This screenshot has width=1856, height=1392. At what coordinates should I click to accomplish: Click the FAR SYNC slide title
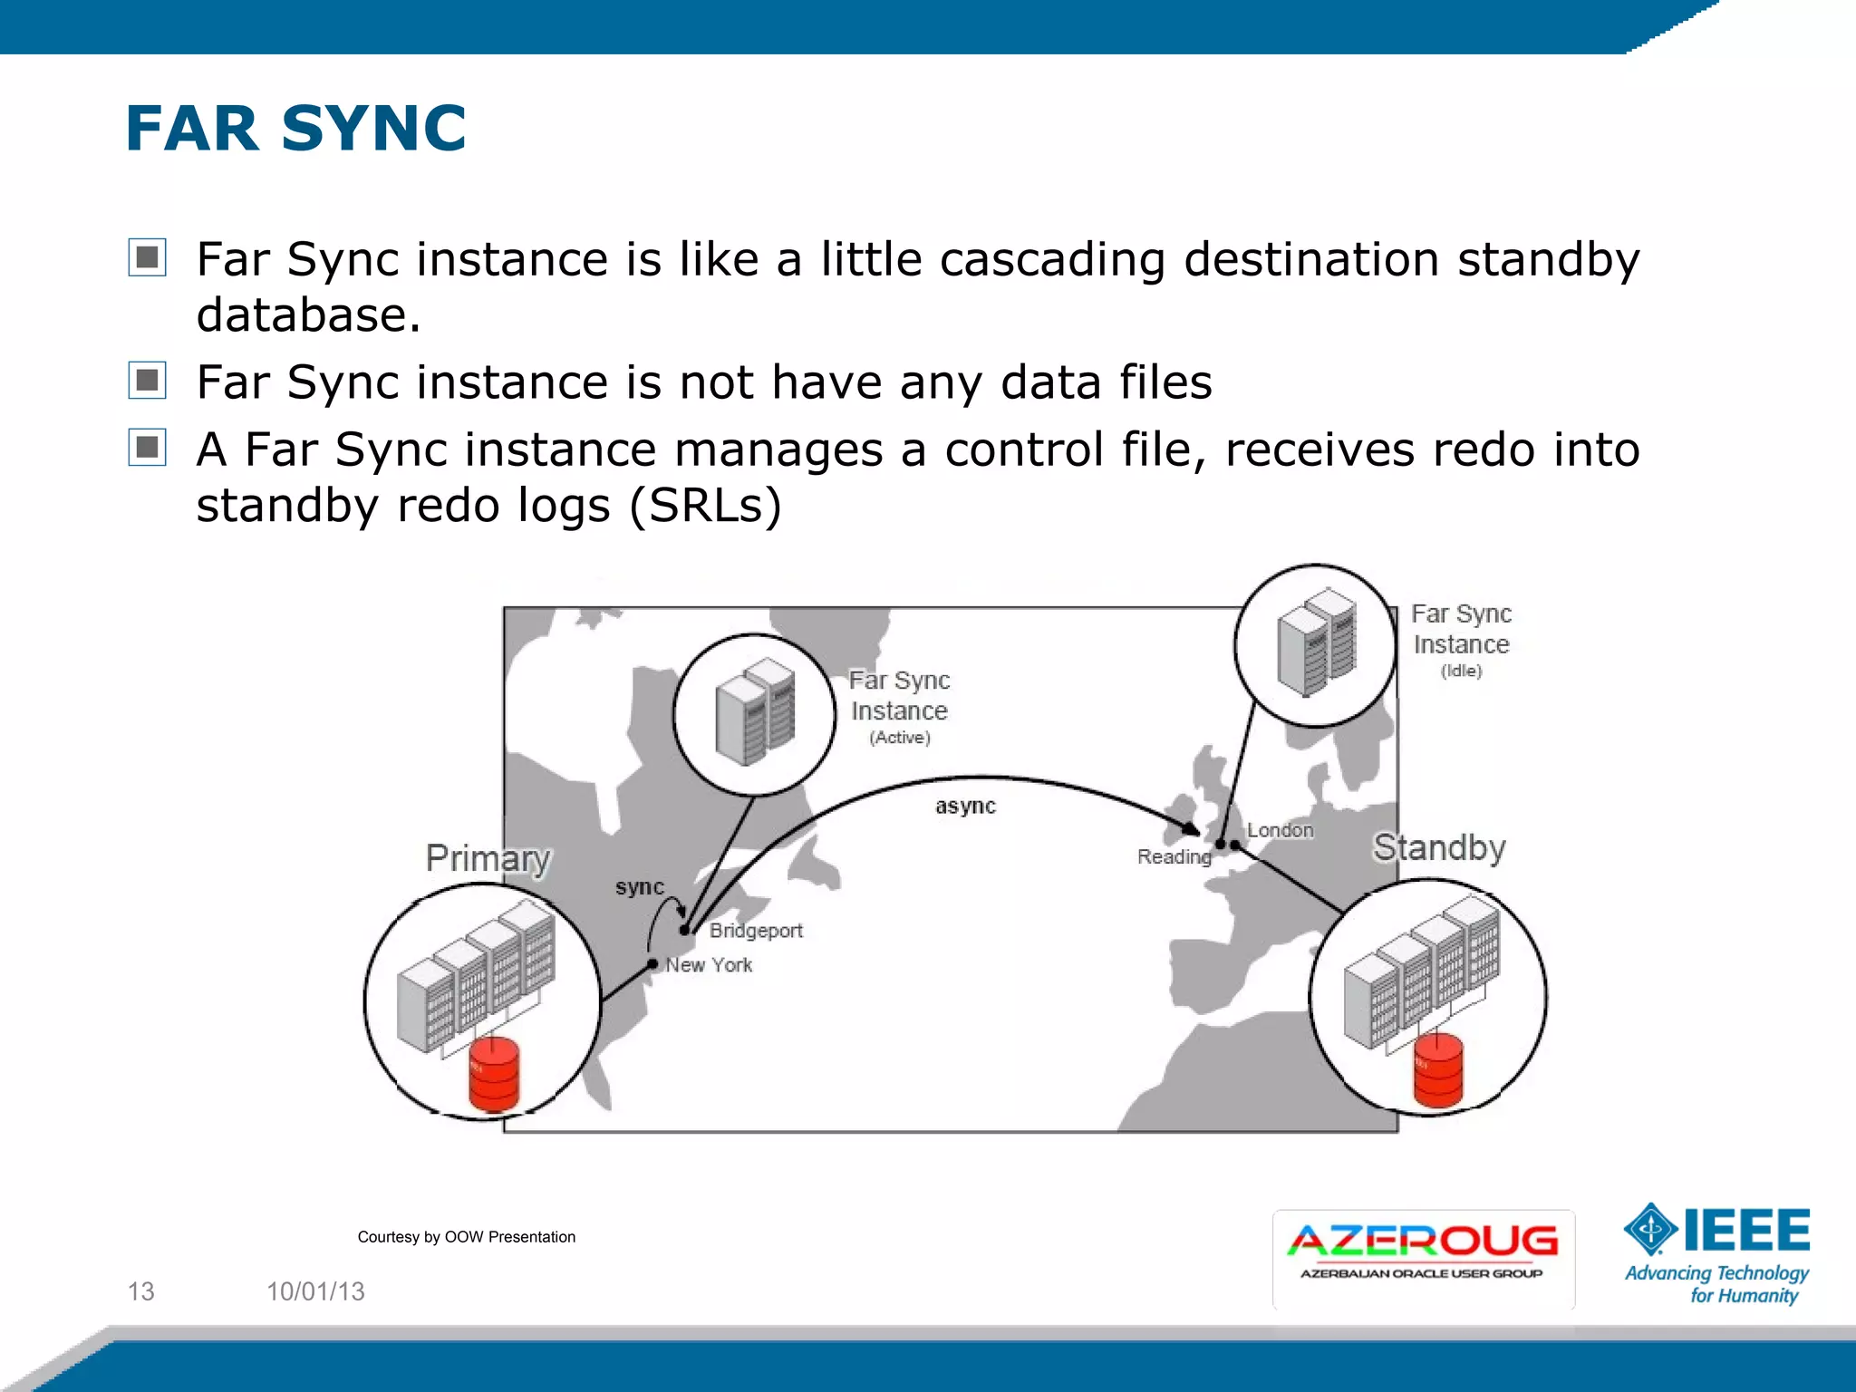pyautogui.click(x=295, y=128)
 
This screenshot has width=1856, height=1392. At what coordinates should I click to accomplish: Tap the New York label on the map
pyautogui.click(x=709, y=965)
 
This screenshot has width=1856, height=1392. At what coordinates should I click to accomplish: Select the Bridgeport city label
pyautogui.click(x=756, y=931)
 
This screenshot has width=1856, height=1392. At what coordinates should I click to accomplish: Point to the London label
pyautogui.click(x=1280, y=830)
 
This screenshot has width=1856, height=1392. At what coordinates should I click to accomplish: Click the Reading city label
pyautogui.click(x=1174, y=856)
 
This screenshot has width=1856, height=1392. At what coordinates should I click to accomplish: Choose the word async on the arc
pyautogui.click(x=965, y=806)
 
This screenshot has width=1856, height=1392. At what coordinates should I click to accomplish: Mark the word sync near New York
pyautogui.click(x=639, y=887)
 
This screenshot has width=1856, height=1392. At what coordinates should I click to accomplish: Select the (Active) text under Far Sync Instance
pyautogui.click(x=899, y=738)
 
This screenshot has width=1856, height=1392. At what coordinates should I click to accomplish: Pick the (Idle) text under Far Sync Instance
pyautogui.click(x=1461, y=671)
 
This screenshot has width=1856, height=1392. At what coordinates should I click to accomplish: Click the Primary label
pyautogui.click(x=488, y=857)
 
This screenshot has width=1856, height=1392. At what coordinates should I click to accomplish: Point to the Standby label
pyautogui.click(x=1439, y=847)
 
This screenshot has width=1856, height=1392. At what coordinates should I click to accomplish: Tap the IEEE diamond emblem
pyautogui.click(x=1651, y=1230)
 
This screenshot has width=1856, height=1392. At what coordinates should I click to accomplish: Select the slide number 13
pyautogui.click(x=140, y=1291)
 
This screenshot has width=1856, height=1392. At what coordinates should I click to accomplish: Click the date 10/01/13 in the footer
pyautogui.click(x=315, y=1291)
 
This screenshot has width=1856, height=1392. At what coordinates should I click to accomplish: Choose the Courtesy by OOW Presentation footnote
pyautogui.click(x=466, y=1237)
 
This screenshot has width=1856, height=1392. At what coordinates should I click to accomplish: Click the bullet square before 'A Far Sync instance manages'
pyautogui.click(x=147, y=447)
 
